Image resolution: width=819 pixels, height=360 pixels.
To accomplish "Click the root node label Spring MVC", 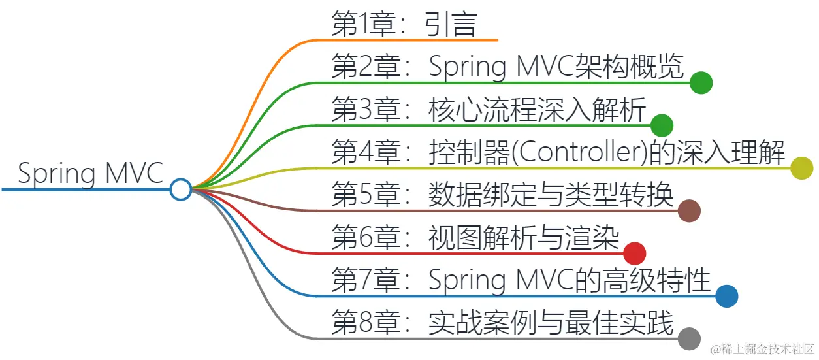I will (x=90, y=174).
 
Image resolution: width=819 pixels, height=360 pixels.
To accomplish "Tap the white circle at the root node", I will (x=180, y=189).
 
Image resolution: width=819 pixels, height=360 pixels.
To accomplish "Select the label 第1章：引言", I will (x=404, y=25).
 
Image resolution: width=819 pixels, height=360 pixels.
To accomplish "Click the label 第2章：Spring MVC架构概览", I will (x=507, y=67).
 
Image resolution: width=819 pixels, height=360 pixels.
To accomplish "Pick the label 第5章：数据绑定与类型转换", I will (x=502, y=195).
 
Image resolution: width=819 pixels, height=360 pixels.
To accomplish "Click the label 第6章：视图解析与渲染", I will (x=475, y=237).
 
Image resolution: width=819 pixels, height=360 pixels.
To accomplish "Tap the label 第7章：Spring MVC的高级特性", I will (x=521, y=280).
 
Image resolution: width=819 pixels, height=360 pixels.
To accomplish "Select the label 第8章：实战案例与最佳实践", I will (x=502, y=323).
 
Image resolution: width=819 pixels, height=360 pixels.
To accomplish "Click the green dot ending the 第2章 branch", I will (x=701, y=83).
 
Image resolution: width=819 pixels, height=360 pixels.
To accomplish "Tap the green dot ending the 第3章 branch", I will (x=662, y=125).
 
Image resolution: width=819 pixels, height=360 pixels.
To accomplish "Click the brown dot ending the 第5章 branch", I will (x=689, y=211).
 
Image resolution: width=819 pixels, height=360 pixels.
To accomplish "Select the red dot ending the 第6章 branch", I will (x=634, y=254).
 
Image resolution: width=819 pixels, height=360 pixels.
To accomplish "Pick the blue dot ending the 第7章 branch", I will (x=726, y=296).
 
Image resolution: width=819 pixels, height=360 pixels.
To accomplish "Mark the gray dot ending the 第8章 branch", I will (x=689, y=338).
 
